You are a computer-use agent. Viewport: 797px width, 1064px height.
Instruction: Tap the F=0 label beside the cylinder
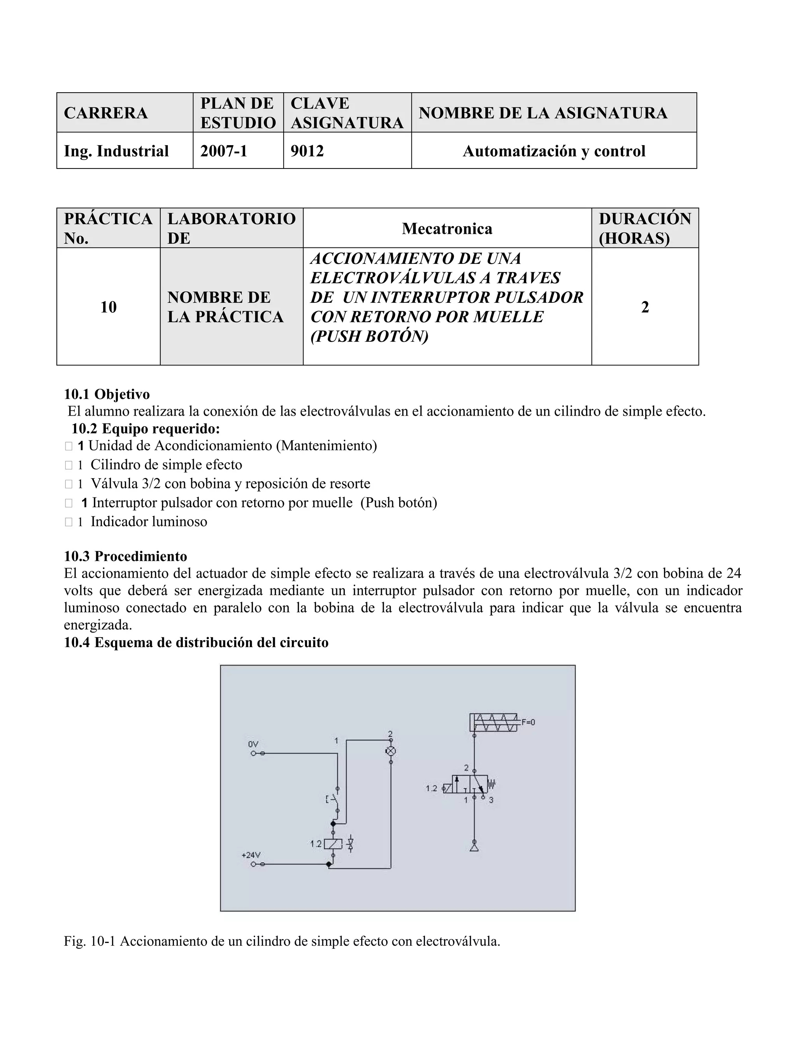(x=528, y=722)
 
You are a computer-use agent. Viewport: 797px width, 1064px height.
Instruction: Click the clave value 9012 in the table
(x=307, y=151)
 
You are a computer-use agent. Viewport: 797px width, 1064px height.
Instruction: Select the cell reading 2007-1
(x=224, y=151)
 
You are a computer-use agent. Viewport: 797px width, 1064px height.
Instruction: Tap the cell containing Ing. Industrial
(x=116, y=151)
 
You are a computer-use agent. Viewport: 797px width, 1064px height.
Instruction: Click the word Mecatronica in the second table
(x=447, y=228)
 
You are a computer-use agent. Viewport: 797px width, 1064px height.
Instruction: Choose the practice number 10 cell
(x=108, y=307)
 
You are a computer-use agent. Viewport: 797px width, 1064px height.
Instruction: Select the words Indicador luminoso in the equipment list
(x=149, y=521)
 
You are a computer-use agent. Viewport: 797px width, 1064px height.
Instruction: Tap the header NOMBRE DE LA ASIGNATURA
(x=543, y=113)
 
